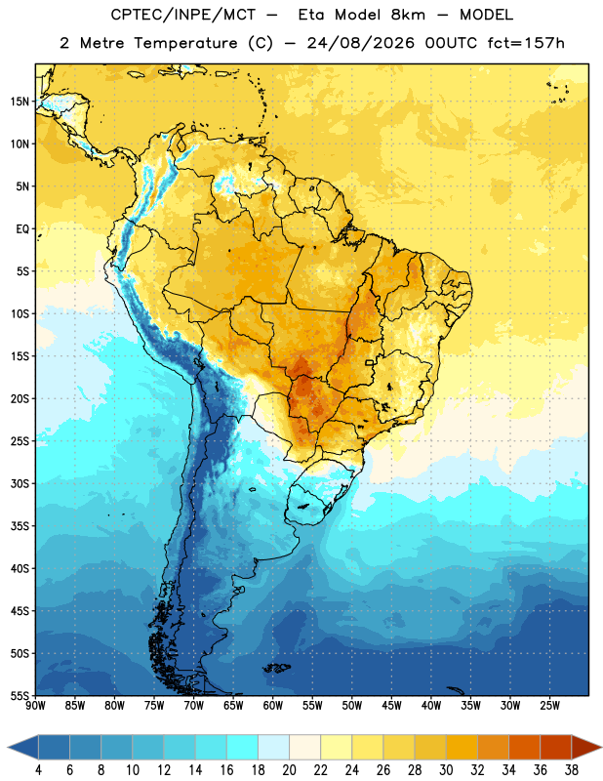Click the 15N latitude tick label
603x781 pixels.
point(20,102)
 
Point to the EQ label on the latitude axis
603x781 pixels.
point(22,229)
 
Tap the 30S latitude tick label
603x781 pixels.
point(20,483)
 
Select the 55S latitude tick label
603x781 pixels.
point(20,695)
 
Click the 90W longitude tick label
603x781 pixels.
point(35,706)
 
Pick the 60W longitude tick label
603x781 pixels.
point(272,706)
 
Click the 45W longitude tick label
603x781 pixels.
point(391,706)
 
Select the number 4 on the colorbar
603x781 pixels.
point(38,770)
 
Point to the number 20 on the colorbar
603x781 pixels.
point(289,770)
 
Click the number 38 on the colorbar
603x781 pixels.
point(572,770)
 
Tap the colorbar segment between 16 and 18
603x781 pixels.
point(243,747)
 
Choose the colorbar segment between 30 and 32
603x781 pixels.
point(462,747)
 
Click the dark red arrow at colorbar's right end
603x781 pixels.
point(586,747)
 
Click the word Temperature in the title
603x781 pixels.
point(185,43)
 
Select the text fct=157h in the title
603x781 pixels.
point(526,43)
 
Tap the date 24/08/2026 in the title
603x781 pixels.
point(360,43)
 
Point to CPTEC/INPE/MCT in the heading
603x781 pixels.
point(183,15)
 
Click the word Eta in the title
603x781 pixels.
point(311,15)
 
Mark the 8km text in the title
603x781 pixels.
point(408,15)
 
